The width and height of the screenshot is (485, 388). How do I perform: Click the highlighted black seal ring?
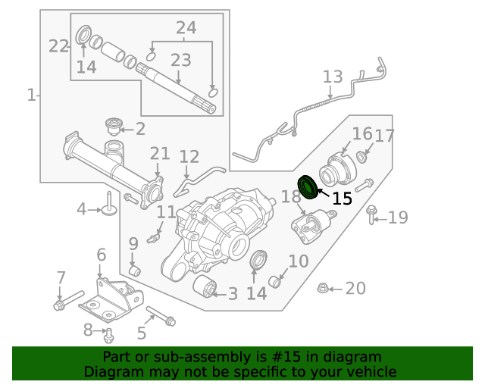308,186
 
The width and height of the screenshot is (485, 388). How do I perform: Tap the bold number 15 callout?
342,199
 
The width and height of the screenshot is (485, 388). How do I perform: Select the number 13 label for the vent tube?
333,78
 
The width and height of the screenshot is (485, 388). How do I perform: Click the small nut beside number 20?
321,288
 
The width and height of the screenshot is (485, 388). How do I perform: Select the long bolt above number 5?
160,316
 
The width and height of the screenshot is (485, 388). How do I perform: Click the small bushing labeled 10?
277,283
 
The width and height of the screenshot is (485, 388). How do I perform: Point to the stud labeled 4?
109,203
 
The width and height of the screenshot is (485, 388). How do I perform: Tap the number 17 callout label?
384,136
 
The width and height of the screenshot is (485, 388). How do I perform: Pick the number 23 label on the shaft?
180,60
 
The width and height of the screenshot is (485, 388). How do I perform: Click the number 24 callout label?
186,29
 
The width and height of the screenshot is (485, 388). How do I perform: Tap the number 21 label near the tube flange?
159,154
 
